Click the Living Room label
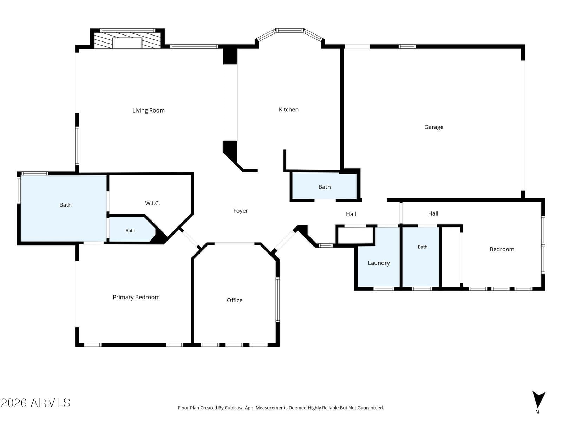coord(148,110)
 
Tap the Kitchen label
coord(289,109)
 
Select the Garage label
coord(434,127)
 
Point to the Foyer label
coord(240,211)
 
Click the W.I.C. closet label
coord(152,203)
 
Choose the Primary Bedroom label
coord(136,297)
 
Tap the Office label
coord(235,300)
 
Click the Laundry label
coord(379,263)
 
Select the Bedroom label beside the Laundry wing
coord(502,249)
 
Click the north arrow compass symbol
coord(539,399)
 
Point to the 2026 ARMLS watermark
coord(35,403)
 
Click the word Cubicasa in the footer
coord(234,408)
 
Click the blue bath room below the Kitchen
coord(324,186)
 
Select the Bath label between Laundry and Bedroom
coord(423,247)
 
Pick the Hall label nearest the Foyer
coord(351,214)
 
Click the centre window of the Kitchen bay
coord(289,31)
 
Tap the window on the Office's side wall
coord(277,300)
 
